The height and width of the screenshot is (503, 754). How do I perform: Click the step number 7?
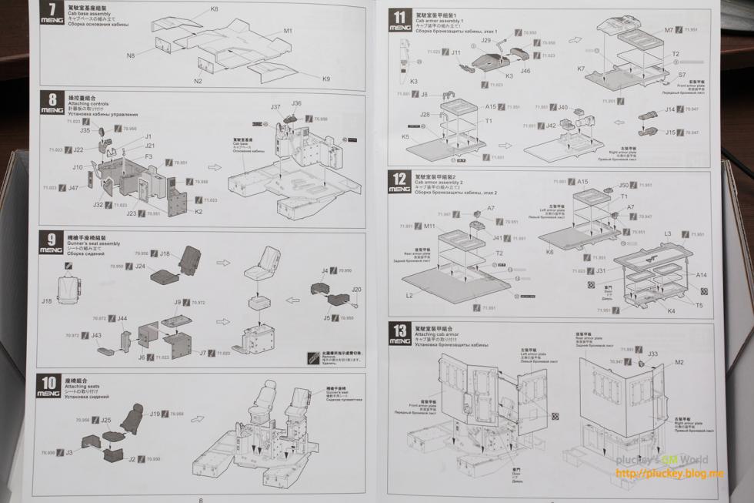point(52,12)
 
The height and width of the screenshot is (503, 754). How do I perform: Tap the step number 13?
point(399,328)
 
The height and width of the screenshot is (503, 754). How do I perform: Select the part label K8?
point(214,9)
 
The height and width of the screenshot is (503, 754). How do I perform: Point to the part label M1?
point(288,31)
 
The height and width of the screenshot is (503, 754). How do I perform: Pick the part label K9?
point(326,79)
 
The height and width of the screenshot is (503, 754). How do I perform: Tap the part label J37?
point(275,107)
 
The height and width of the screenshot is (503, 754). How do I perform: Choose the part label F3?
point(148,156)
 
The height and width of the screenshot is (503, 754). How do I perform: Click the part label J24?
point(140,266)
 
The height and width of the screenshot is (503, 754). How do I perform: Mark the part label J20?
point(356,290)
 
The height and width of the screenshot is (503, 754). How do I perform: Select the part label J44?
point(122,318)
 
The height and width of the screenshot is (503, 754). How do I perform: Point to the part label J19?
point(155,414)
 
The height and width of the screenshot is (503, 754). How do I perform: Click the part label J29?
point(486,40)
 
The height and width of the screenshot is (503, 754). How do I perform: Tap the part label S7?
point(682,75)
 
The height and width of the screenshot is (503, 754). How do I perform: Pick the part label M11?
point(429,226)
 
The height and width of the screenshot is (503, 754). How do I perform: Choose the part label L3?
point(667,233)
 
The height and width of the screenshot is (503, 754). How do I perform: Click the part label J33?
point(652,354)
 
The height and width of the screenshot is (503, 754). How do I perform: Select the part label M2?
point(679,362)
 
